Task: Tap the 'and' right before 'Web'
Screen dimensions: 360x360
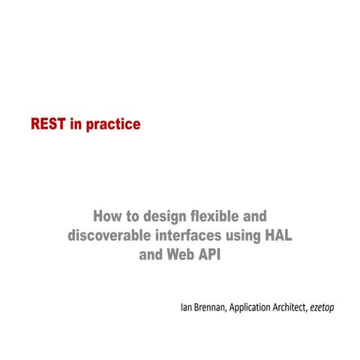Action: (152, 253)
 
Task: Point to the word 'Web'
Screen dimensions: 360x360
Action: (185, 253)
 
